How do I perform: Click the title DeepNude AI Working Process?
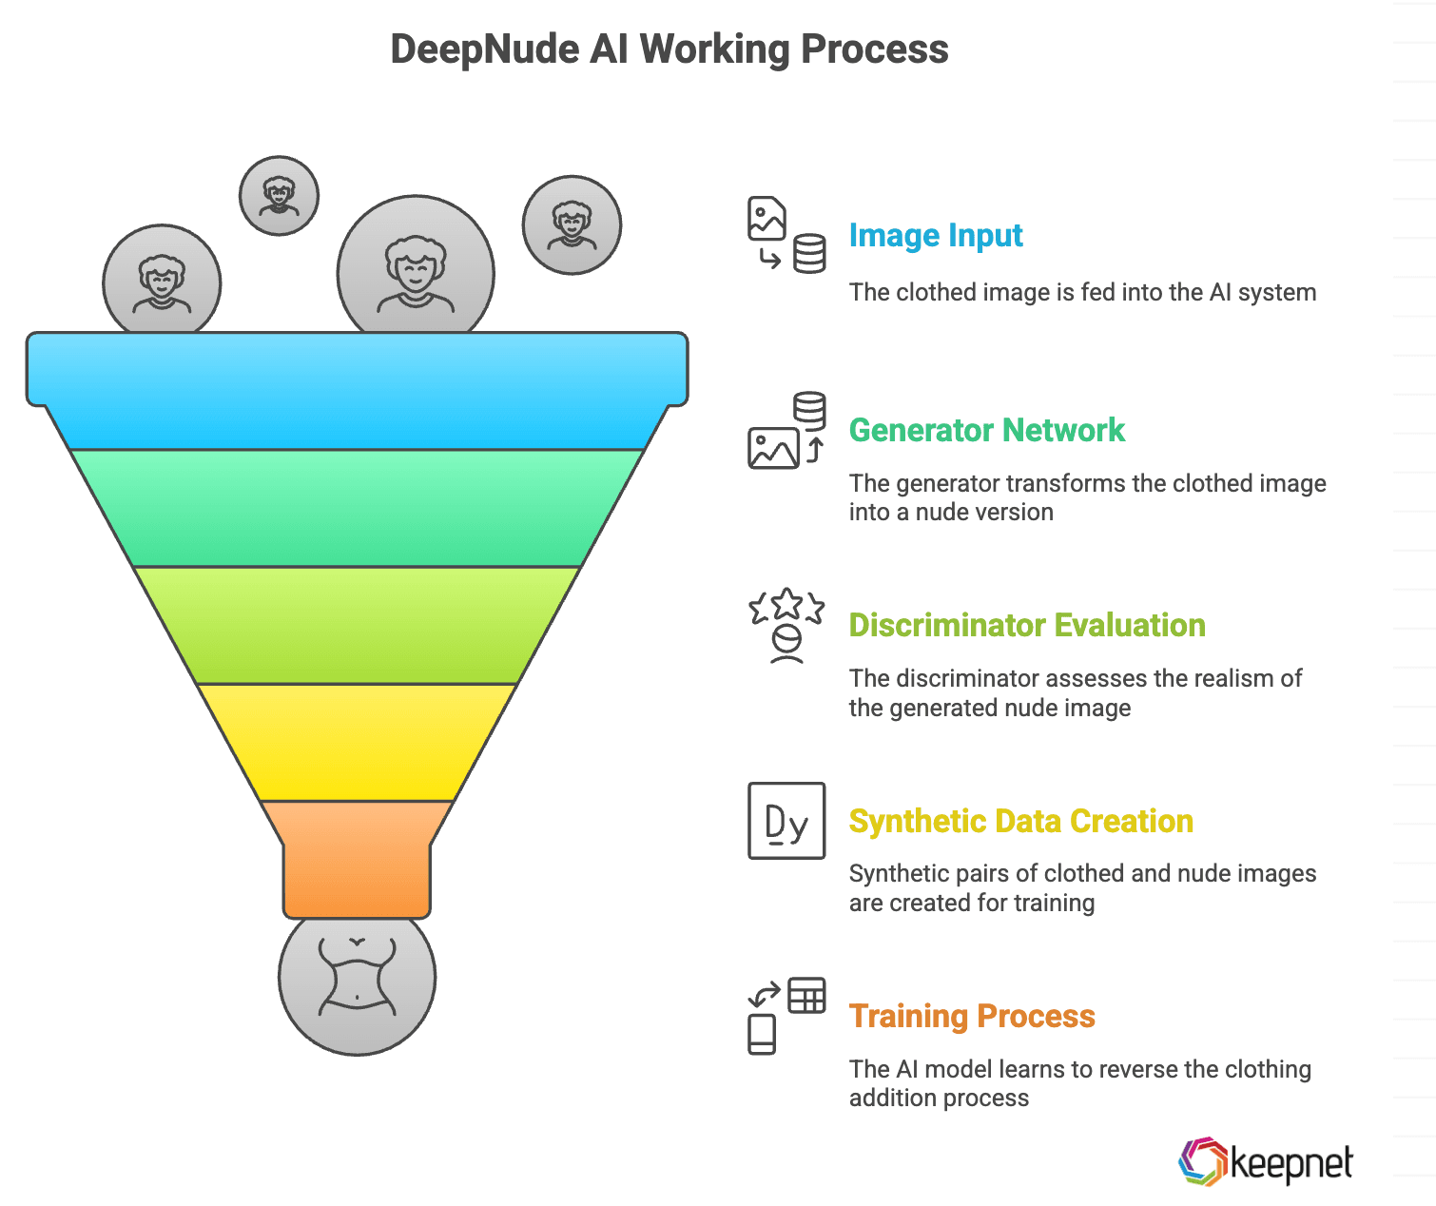pyautogui.click(x=669, y=49)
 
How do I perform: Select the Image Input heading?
pyautogui.click(x=936, y=235)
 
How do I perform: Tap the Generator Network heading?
pyautogui.click(x=986, y=430)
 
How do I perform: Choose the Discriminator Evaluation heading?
pyautogui.click(x=1027, y=625)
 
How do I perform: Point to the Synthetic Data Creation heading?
pyautogui.click(x=1020, y=821)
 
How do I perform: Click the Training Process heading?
pyautogui.click(x=972, y=1016)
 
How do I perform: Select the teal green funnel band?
pyautogui.click(x=357, y=508)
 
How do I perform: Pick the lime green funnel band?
pyautogui.click(x=357, y=625)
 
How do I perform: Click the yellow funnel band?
pyautogui.click(x=357, y=742)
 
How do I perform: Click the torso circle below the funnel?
pyautogui.click(x=357, y=980)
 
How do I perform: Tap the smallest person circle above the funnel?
pyautogui.click(x=279, y=196)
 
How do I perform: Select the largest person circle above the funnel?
pyautogui.click(x=416, y=271)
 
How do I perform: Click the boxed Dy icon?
pyautogui.click(x=786, y=821)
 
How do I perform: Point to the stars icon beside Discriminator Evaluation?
pyautogui.click(x=786, y=624)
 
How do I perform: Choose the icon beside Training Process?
pyautogui.click(x=786, y=1016)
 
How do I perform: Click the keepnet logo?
pyautogui.click(x=1265, y=1162)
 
